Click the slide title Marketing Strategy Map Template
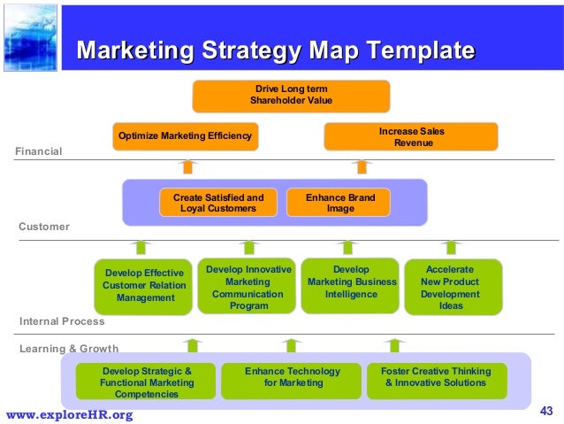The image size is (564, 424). (x=275, y=50)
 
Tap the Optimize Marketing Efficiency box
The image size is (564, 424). (x=186, y=136)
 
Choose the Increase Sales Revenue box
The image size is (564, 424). (x=411, y=136)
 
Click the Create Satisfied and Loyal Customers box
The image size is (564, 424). (x=217, y=203)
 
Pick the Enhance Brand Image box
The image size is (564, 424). (x=339, y=203)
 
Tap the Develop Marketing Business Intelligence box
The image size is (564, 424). (x=351, y=285)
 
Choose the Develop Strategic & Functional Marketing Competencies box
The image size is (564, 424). (x=146, y=382)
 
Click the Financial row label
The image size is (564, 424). (x=39, y=151)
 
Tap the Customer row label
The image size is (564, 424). (x=44, y=227)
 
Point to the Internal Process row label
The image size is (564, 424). (x=62, y=321)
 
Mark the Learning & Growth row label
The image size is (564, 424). (x=69, y=349)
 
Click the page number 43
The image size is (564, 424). (x=545, y=410)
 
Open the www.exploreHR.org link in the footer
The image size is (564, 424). (x=70, y=414)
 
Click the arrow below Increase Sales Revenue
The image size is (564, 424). (x=361, y=166)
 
